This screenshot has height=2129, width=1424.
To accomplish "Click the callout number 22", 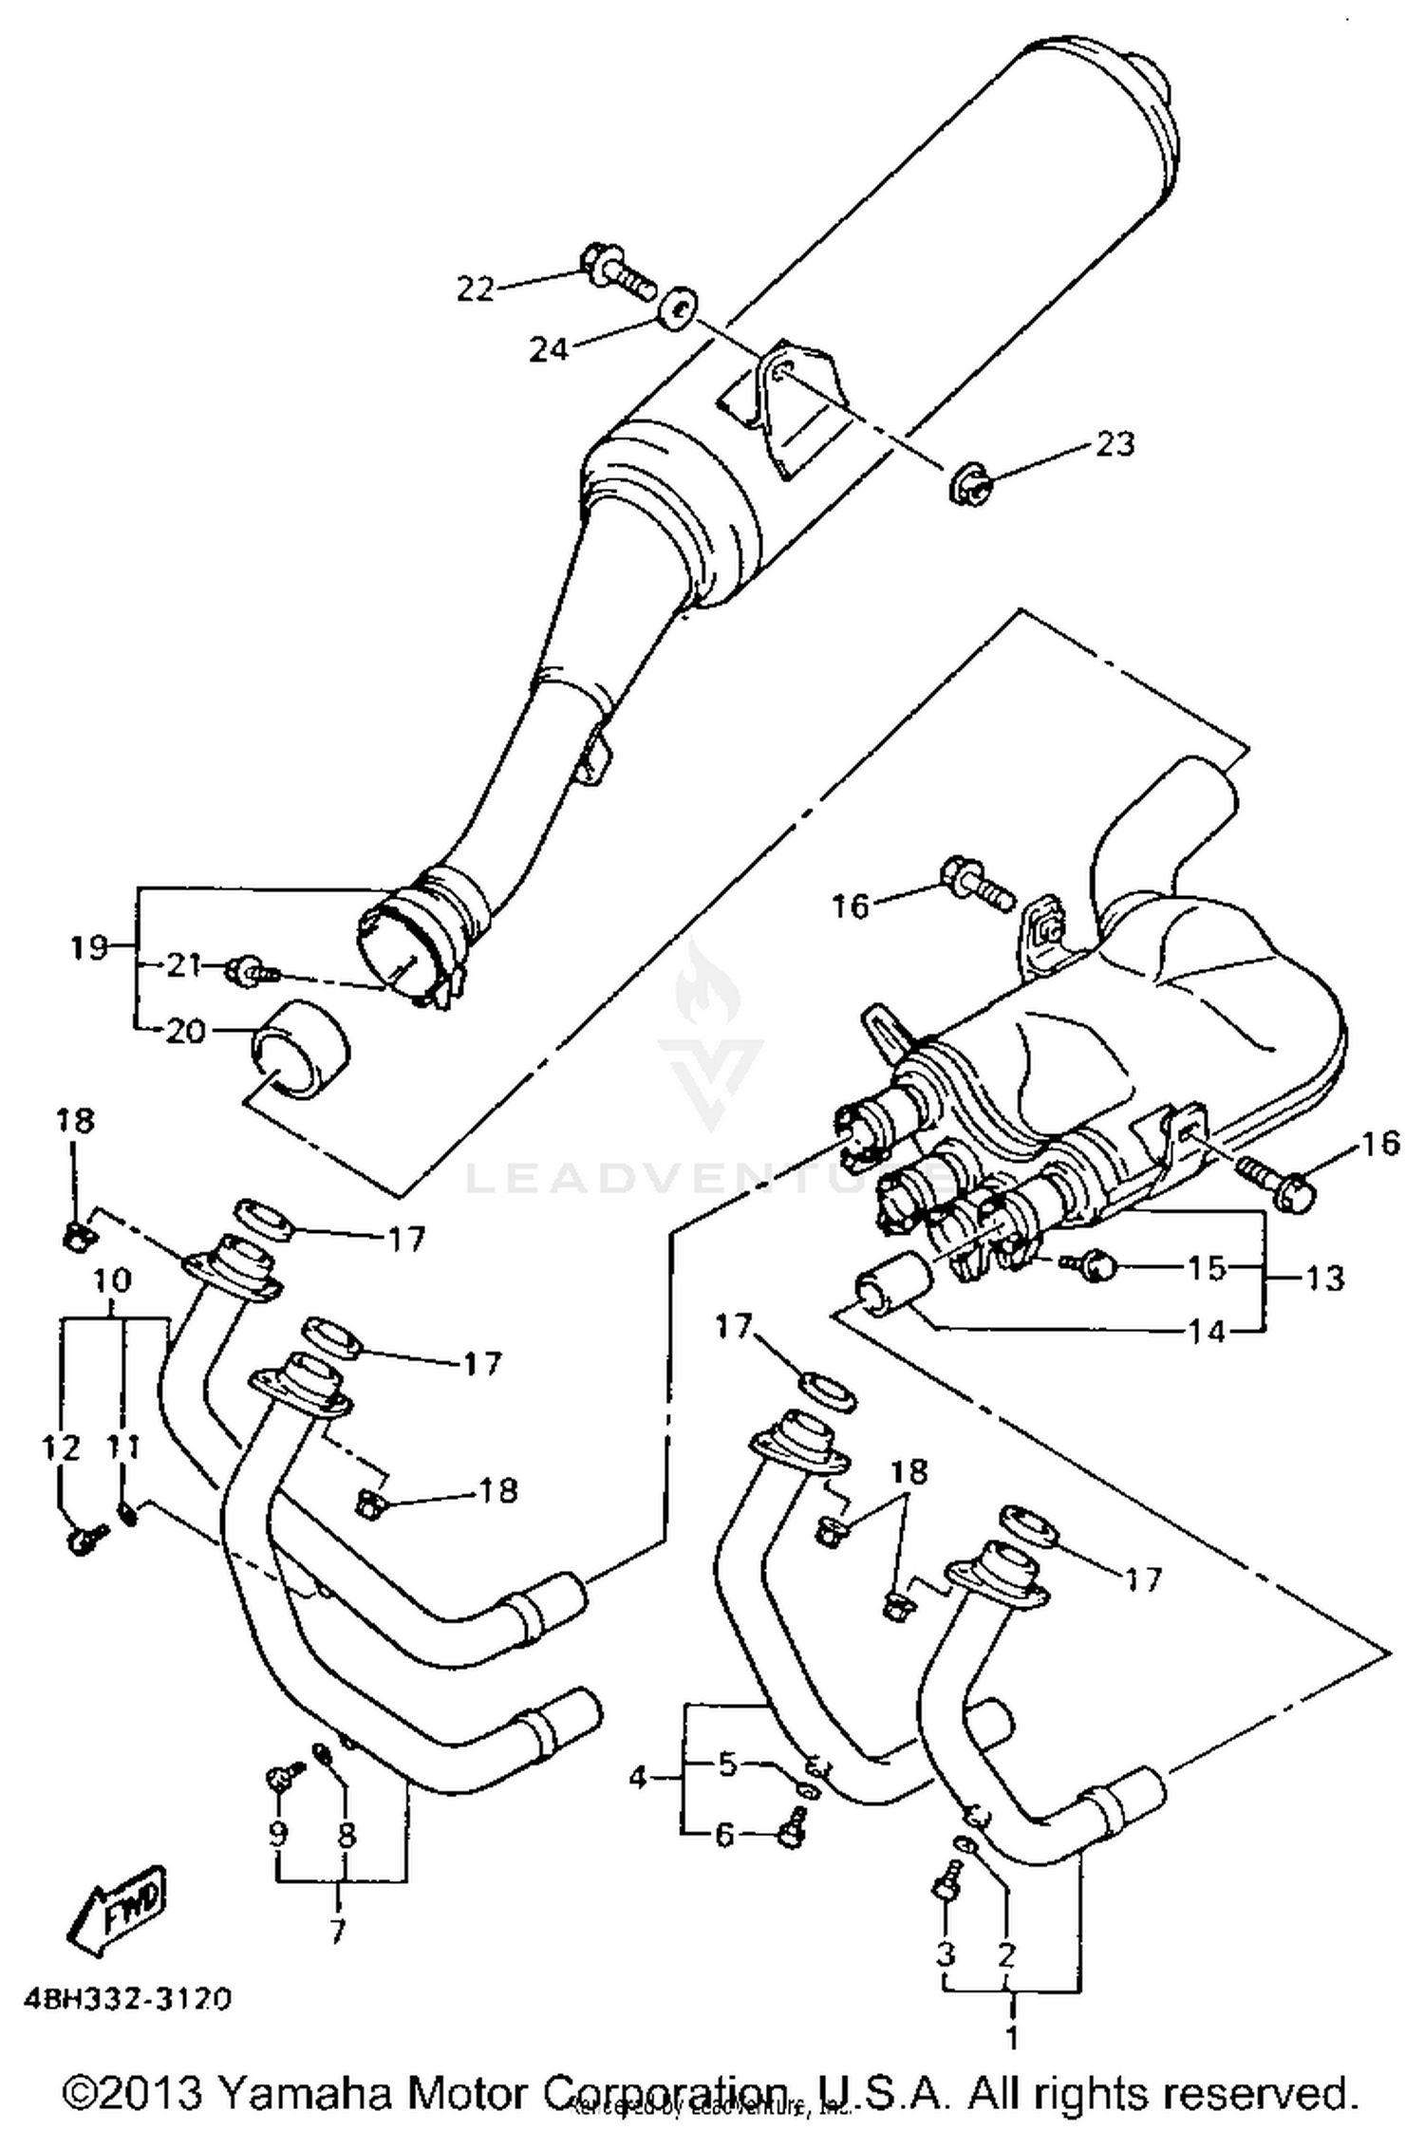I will pyautogui.click(x=476, y=288).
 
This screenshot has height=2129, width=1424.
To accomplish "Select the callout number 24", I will pyautogui.click(x=548, y=349).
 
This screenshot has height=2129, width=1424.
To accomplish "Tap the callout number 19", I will pyautogui.click(x=89, y=946).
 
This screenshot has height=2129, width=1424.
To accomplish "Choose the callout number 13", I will pyautogui.click(x=1325, y=1278).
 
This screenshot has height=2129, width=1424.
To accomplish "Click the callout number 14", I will pyautogui.click(x=1208, y=1332).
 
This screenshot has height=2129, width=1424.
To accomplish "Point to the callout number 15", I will pyautogui.click(x=1208, y=1268).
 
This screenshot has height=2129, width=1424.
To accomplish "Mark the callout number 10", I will pyautogui.click(x=111, y=1279).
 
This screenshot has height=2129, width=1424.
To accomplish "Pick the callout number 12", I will pyautogui.click(x=60, y=1447).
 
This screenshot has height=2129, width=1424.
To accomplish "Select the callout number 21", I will pyautogui.click(x=184, y=965).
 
